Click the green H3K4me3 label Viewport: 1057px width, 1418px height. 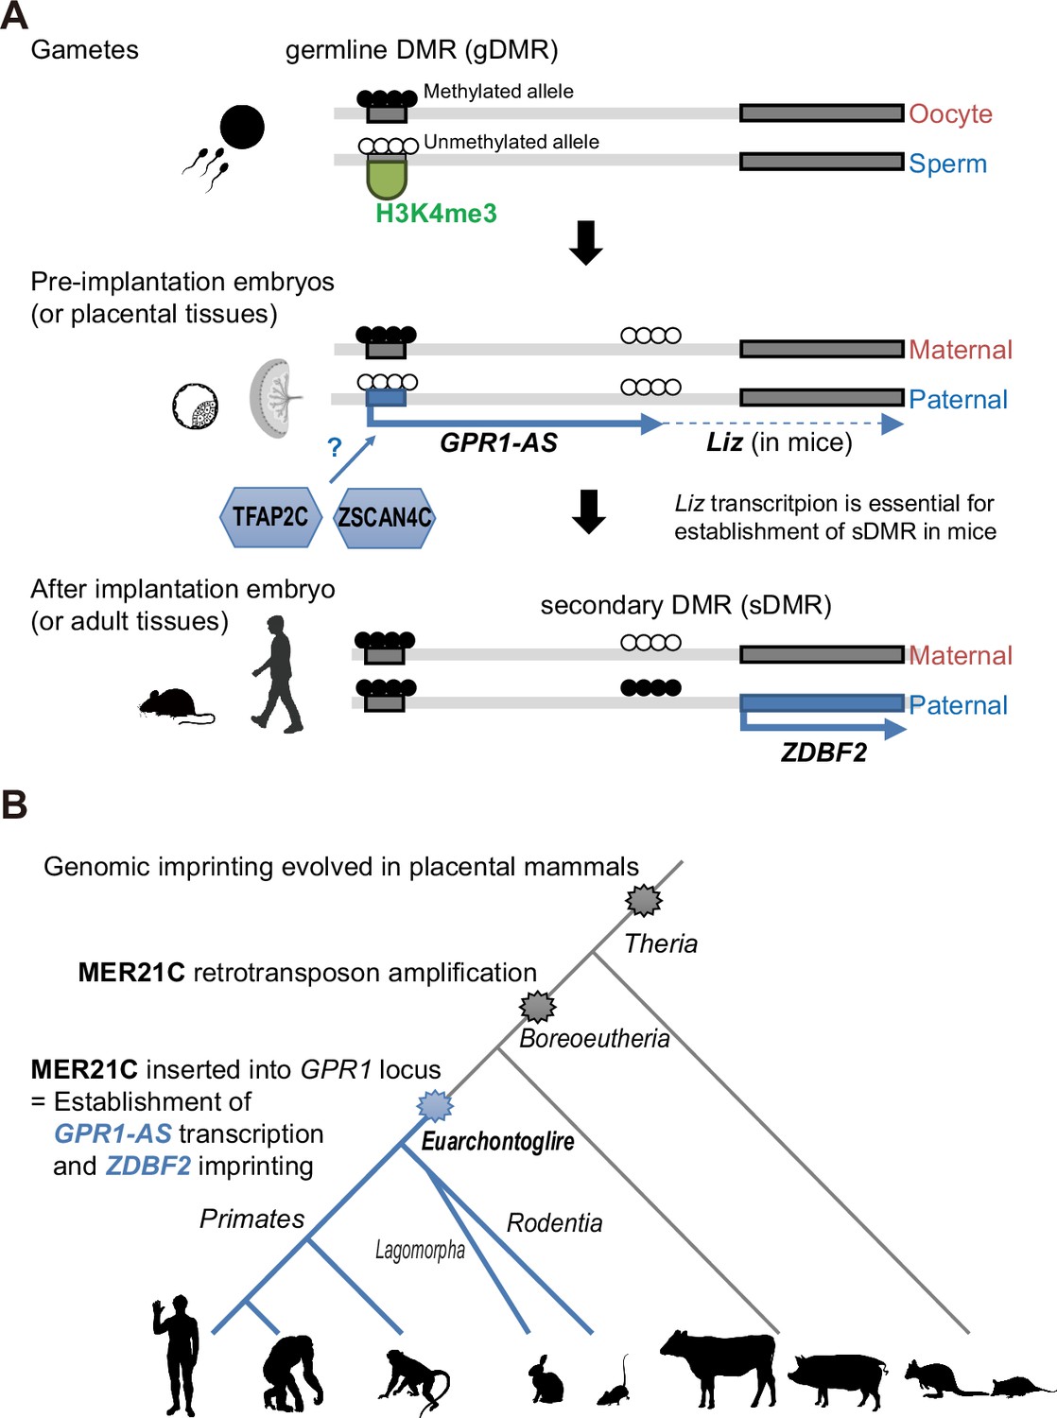(436, 214)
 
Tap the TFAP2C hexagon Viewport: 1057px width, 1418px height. (270, 517)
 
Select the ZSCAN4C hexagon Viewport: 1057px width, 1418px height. (385, 517)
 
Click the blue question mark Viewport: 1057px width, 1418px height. (334, 447)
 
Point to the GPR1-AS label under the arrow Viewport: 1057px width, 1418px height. (498, 443)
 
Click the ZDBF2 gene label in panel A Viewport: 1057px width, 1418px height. (823, 752)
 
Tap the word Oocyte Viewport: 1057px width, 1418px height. (950, 113)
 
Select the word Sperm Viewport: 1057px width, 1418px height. (948, 164)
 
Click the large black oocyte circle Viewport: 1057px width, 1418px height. (242, 127)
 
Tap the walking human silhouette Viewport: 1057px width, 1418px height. (277, 674)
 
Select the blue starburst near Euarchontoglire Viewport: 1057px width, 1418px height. (435, 1105)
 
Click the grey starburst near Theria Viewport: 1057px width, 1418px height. (644, 899)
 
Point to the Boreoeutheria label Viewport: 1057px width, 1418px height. (595, 1039)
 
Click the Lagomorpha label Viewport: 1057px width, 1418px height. (420, 1250)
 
